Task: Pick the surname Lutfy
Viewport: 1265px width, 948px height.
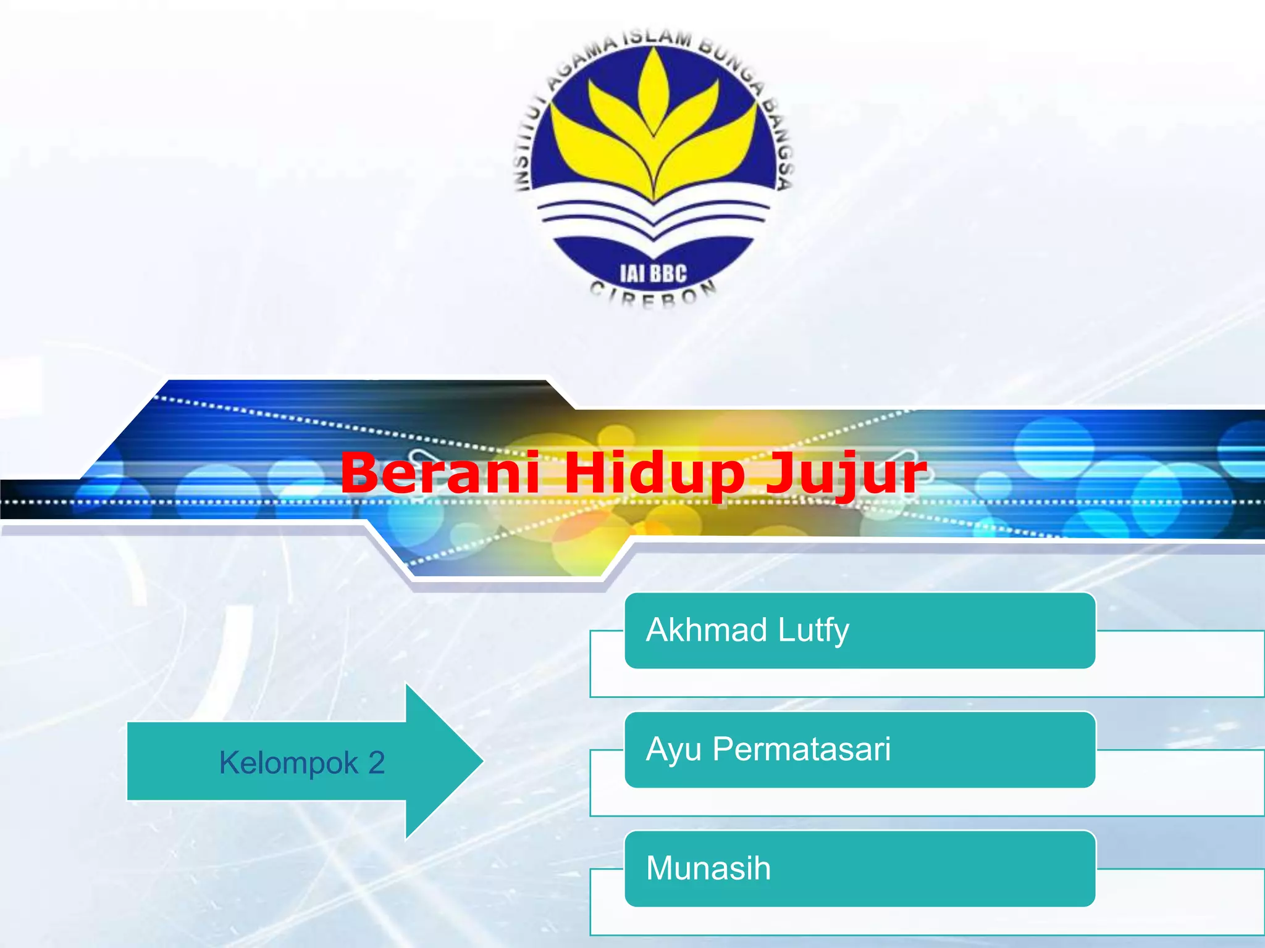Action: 813,631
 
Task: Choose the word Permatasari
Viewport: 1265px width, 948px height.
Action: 801,749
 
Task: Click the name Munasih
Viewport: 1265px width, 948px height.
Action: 708,868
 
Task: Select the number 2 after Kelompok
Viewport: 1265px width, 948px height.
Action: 377,763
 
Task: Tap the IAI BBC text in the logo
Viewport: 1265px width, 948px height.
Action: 653,273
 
